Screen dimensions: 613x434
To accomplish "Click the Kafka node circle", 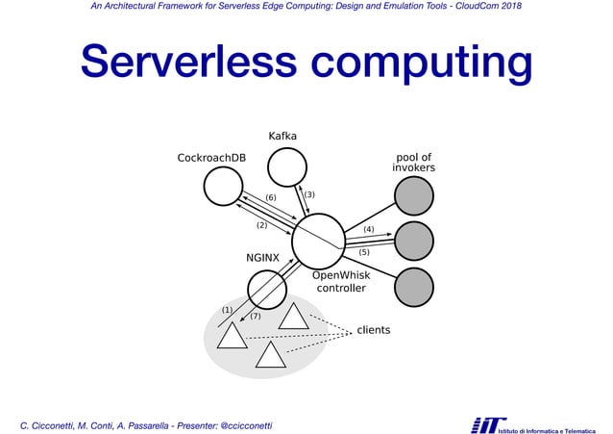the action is pos(286,167).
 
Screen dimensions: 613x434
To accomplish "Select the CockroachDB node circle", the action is pos(223,186).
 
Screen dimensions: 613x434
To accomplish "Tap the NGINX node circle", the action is pos(267,288).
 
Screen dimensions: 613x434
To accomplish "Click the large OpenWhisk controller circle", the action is pos(318,241).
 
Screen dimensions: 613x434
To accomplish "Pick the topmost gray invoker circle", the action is pos(414,195).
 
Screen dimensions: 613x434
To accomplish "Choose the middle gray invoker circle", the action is pos(414,241).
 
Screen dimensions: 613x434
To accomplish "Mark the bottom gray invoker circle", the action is pos(414,287).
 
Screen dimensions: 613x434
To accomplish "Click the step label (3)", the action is pos(309,195).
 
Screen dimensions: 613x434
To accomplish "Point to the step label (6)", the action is pos(271,197).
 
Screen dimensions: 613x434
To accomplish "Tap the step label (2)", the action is pos(261,225).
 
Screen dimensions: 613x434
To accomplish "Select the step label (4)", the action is pos(369,229).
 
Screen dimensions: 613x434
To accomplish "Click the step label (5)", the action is pos(364,252).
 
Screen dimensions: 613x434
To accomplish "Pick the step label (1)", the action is pos(227,309).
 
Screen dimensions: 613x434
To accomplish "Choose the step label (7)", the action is pos(256,316).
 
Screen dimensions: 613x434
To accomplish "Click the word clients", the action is pos(374,330).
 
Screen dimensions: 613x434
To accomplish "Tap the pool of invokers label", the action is pos(414,163).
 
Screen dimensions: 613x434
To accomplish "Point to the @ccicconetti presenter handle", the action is pos(247,424).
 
